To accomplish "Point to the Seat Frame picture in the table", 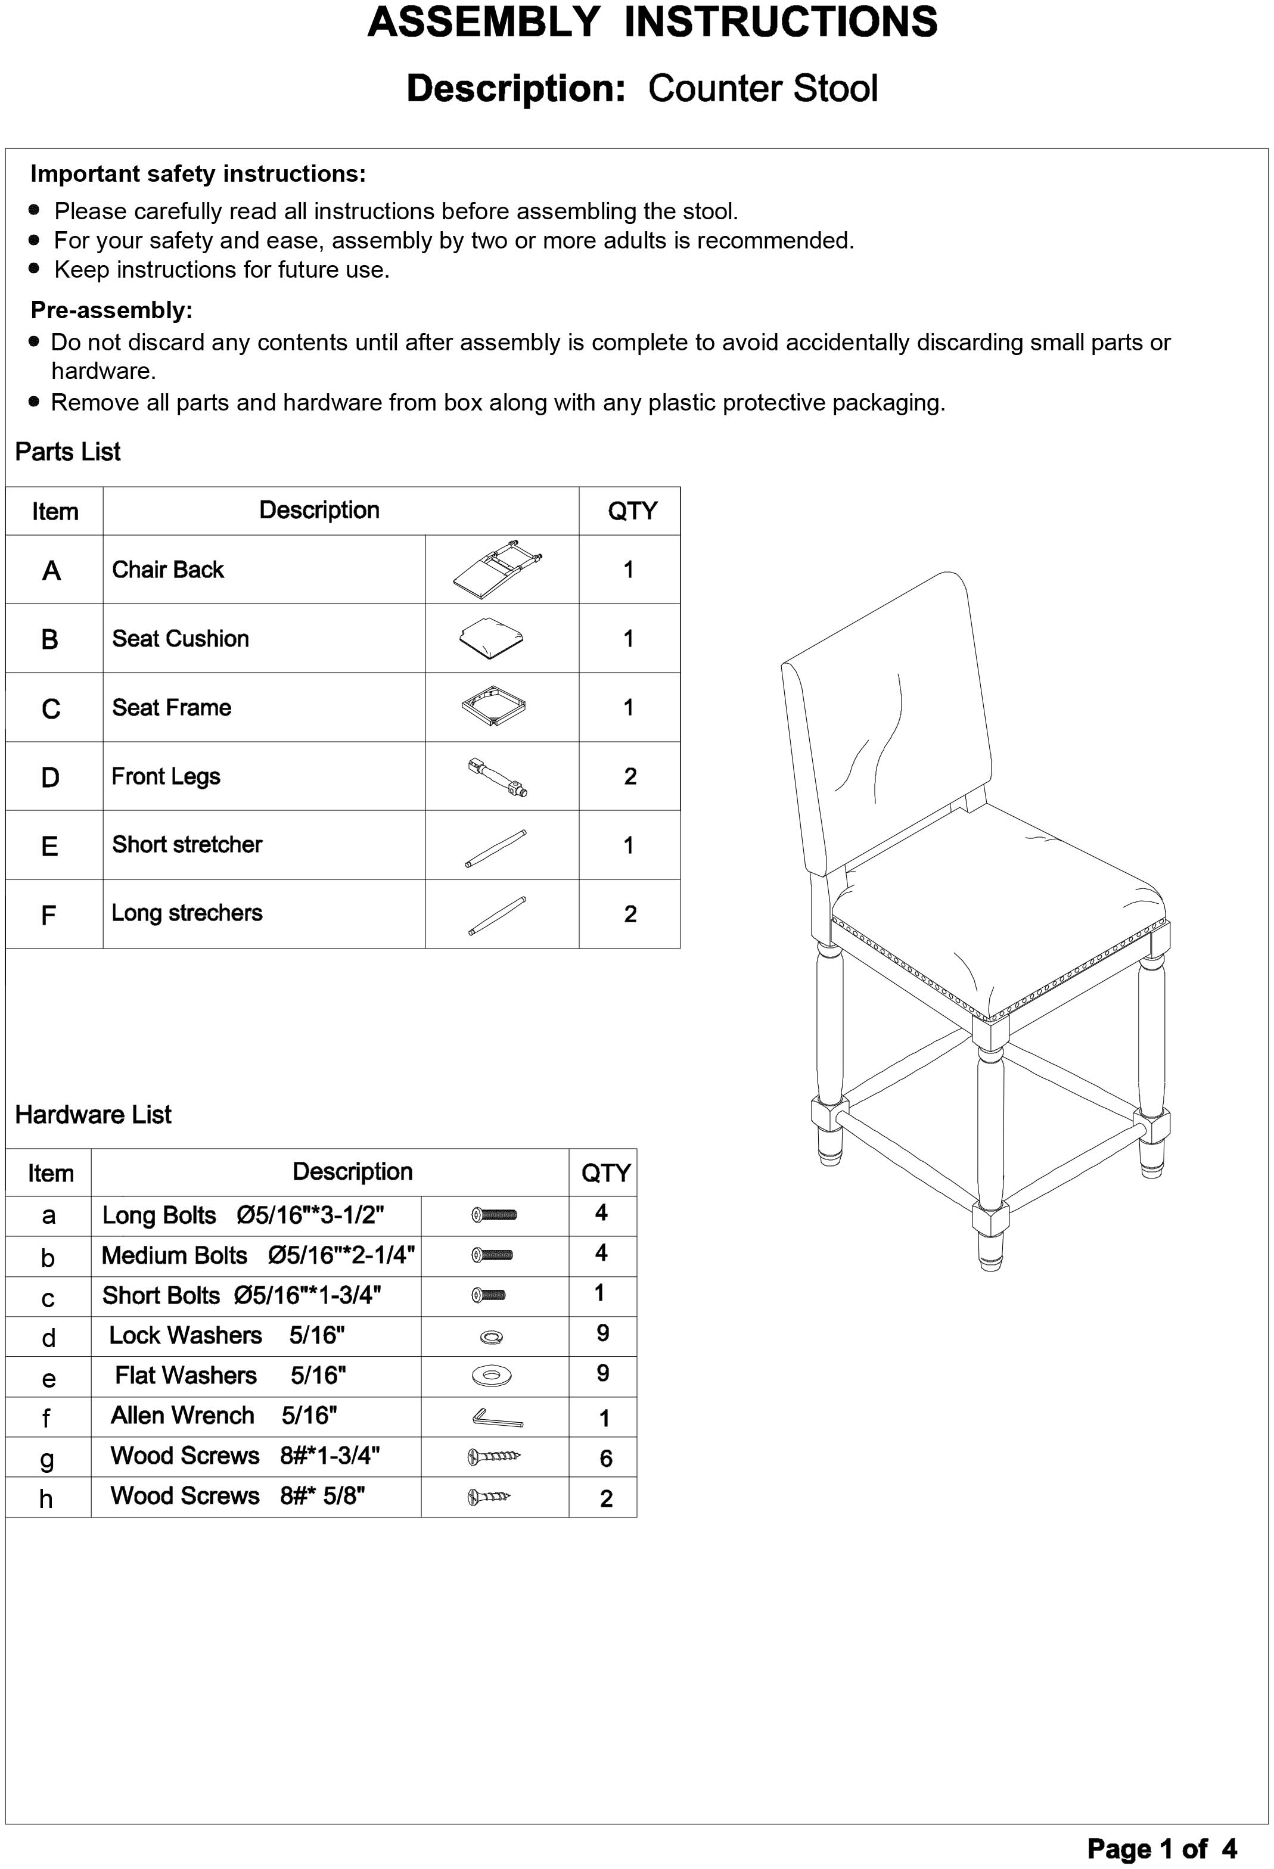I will [x=493, y=706].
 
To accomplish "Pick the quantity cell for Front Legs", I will [x=630, y=776].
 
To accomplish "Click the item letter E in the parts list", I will [x=50, y=846].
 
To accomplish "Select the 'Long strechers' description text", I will [x=187, y=913].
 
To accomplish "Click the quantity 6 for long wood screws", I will [x=605, y=1458].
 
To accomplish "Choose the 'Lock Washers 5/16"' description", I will [x=227, y=1335].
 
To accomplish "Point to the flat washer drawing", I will [x=492, y=1376].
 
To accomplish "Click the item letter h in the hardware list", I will [x=46, y=1498].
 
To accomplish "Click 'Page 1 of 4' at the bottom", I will [x=1161, y=1848].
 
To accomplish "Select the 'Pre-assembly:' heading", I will [x=111, y=310].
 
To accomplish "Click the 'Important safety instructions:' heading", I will [x=198, y=174].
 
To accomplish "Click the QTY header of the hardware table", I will [x=605, y=1173].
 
